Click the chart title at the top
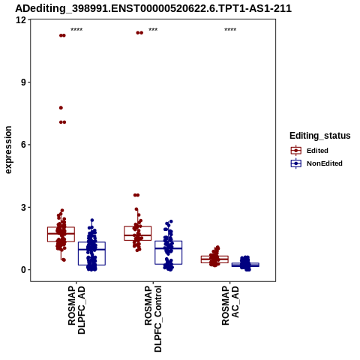pos(153,8)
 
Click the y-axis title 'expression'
pos(8,150)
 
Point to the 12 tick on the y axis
pos(21,19)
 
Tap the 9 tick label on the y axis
pos(23,82)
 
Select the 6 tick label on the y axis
pos(23,145)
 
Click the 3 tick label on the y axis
pos(23,207)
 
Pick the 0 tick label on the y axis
pos(23,270)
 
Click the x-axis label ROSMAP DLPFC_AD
pos(76,310)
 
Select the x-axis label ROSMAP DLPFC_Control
pos(153,319)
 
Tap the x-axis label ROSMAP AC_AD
pos(230,305)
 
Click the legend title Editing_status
pos(320,136)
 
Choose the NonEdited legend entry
pos(316,163)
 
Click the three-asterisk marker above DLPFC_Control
pos(153,30)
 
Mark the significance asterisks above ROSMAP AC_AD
pos(230,30)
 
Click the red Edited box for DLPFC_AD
pos(61,234)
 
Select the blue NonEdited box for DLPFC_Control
pos(168,253)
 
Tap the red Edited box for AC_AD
pos(214,259)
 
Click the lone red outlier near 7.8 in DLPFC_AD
pos(61,108)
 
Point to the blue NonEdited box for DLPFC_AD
pos(91,253)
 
